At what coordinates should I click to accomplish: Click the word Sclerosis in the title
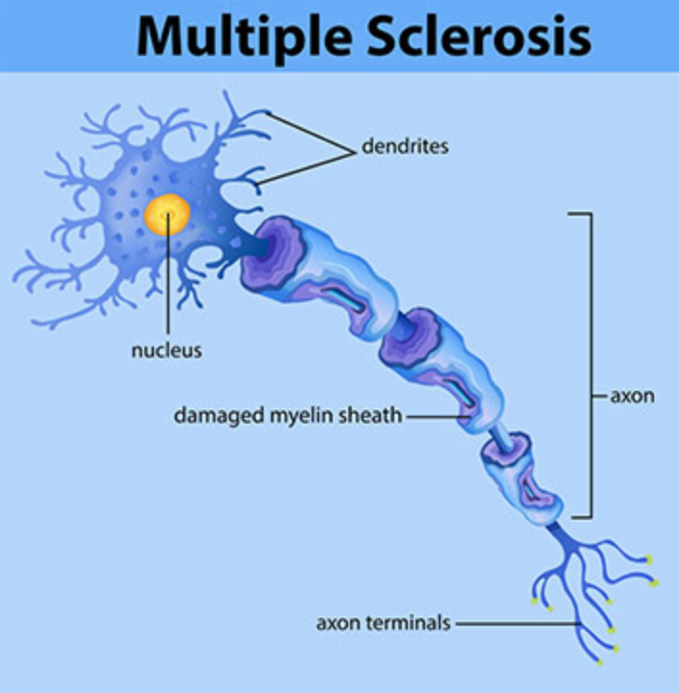point(480,36)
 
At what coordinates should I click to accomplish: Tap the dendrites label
point(405,146)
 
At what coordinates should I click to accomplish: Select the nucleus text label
point(167,350)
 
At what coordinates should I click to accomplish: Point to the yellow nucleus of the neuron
point(167,215)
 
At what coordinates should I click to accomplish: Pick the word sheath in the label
point(370,416)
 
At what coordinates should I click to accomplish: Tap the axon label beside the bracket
point(632,397)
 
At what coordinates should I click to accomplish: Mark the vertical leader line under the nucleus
point(167,275)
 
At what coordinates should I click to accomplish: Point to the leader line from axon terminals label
point(518,624)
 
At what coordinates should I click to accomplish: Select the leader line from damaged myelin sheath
point(438,417)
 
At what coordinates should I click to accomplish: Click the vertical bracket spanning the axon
point(591,365)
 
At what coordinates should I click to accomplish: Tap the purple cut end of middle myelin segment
point(410,338)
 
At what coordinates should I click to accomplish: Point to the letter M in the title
point(166,37)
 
